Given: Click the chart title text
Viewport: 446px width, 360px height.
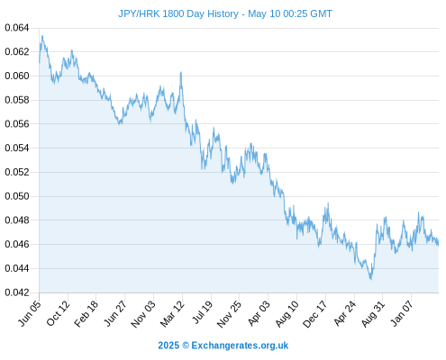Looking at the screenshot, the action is pyautogui.click(x=225, y=13).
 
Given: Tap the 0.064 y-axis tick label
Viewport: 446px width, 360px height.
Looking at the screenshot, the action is pyautogui.click(x=17, y=28).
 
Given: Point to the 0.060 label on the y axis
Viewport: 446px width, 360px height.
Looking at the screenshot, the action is pyautogui.click(x=17, y=76).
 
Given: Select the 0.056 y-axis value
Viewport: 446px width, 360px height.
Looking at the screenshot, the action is pyautogui.click(x=17, y=124).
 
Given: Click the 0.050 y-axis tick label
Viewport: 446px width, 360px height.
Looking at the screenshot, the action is pyautogui.click(x=17, y=196).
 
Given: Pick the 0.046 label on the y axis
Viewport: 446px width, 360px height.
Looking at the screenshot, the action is pyautogui.click(x=17, y=244).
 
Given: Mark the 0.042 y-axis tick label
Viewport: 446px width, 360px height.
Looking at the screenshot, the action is pyautogui.click(x=17, y=292).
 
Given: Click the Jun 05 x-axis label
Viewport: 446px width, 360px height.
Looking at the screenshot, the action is pyautogui.click(x=30, y=313).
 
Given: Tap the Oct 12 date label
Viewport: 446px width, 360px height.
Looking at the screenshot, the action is pyautogui.click(x=58, y=313).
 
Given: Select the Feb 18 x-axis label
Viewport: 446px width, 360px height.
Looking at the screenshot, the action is pyautogui.click(x=86, y=313).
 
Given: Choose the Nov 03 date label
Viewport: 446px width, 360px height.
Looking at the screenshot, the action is pyautogui.click(x=143, y=313).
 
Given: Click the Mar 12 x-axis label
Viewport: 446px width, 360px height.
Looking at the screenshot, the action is pyautogui.click(x=172, y=313).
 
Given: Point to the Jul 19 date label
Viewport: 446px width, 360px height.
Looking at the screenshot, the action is pyautogui.click(x=202, y=312).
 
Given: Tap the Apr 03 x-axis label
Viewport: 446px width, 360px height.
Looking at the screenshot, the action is pyautogui.click(x=259, y=313).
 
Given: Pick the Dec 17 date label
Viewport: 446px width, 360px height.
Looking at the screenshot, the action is pyautogui.click(x=315, y=313).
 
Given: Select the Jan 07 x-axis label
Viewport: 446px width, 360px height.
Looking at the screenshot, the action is pyautogui.click(x=402, y=313).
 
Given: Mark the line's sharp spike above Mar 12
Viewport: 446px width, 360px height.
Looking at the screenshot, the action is pyautogui.click(x=181, y=72).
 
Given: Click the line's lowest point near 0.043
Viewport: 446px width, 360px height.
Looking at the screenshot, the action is pyautogui.click(x=371, y=279).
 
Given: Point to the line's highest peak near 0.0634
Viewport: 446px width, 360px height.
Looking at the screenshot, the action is pyautogui.click(x=42, y=36).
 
